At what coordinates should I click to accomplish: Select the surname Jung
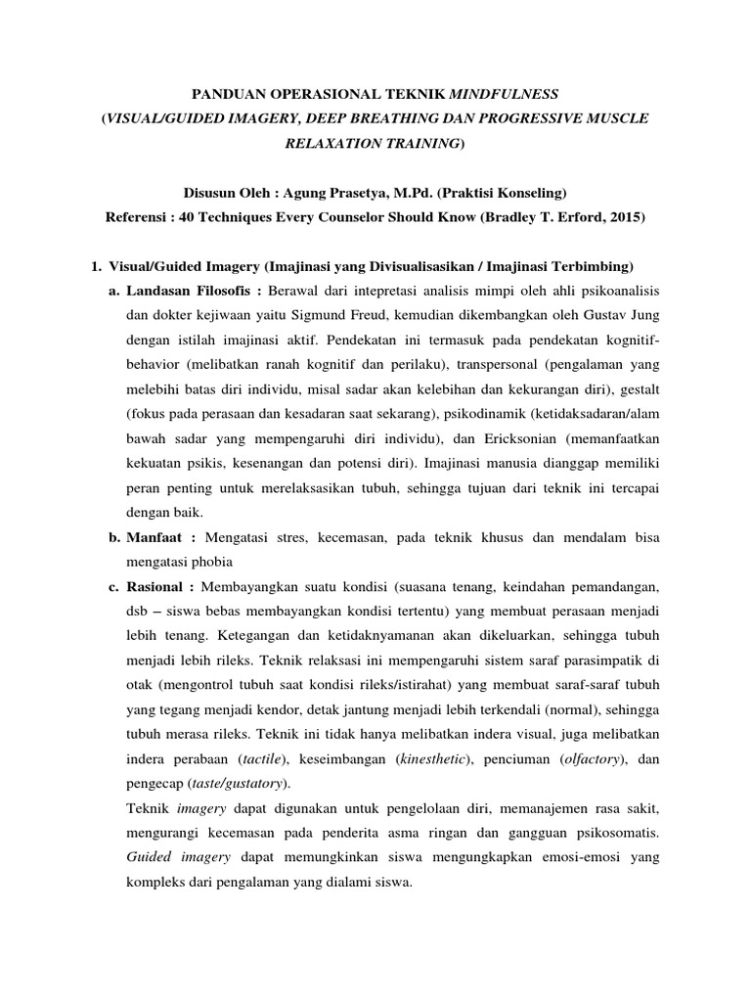645,316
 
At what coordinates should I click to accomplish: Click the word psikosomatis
616,834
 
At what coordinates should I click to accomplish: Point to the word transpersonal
521,365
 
